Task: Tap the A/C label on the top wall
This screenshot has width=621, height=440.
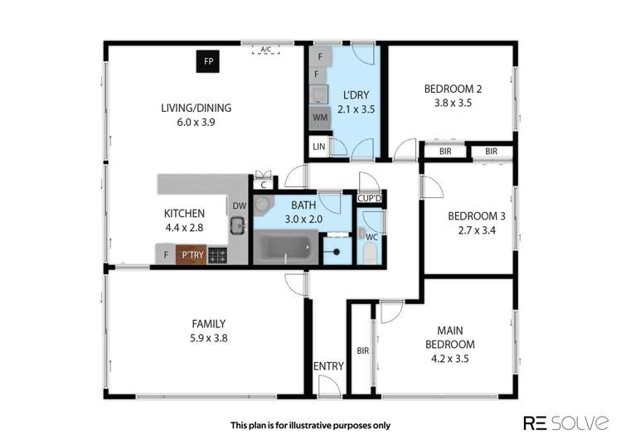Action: (x=265, y=50)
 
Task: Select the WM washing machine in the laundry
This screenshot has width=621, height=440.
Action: (x=319, y=118)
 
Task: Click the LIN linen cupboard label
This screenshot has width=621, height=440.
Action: (x=319, y=147)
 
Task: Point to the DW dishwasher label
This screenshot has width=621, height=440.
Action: (x=238, y=205)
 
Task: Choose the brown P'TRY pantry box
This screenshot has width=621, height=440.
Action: (x=192, y=255)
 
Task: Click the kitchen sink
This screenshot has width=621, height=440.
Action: (x=238, y=225)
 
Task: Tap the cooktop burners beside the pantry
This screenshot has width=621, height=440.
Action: (x=217, y=255)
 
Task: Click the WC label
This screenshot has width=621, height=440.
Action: (x=371, y=237)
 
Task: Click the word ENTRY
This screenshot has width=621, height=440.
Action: (x=328, y=366)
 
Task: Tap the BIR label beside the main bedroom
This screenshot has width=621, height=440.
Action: (x=362, y=351)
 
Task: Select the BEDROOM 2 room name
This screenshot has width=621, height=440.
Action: (x=453, y=89)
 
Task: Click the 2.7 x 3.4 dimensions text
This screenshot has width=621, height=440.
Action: (x=471, y=231)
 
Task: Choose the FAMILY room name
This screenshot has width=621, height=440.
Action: (x=207, y=324)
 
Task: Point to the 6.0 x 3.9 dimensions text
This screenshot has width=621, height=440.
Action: (x=196, y=122)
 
